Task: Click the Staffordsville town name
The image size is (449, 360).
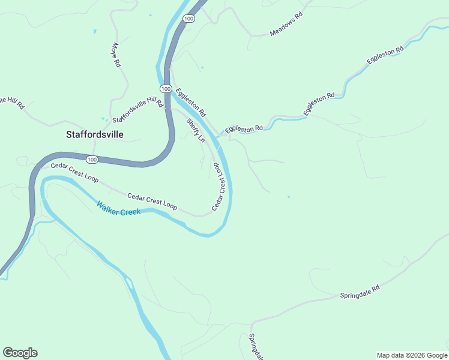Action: tap(94, 134)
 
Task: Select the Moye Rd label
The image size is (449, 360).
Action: tap(116, 55)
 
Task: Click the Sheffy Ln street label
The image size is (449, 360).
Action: tap(196, 130)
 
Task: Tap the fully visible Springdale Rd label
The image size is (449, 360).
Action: tap(360, 292)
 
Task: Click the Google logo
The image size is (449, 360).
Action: tap(20, 353)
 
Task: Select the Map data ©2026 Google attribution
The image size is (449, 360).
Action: tap(412, 355)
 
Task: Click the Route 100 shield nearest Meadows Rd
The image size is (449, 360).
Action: tap(189, 19)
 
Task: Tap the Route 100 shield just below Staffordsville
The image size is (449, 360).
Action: tap(91, 159)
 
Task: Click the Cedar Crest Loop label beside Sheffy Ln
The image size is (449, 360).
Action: tap(220, 186)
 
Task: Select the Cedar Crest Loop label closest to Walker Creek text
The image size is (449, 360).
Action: tap(152, 201)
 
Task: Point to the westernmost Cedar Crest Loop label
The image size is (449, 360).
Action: tap(74, 173)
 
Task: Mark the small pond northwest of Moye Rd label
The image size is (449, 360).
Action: tap(94, 31)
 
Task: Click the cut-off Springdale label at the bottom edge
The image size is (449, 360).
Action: tap(256, 347)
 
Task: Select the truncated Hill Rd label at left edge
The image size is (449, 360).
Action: tap(12, 102)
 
